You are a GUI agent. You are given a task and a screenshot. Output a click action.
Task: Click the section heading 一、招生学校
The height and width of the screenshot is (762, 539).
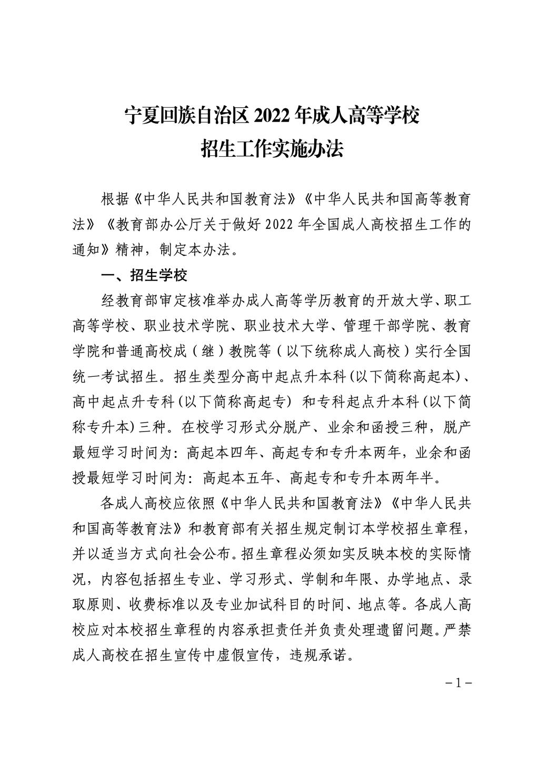coord(144,276)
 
